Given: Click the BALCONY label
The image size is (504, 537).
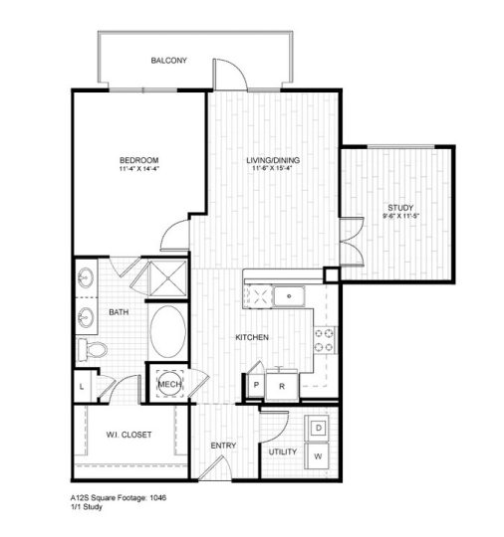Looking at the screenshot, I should [x=168, y=62].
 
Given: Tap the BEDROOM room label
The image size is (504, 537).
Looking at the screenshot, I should [x=138, y=159].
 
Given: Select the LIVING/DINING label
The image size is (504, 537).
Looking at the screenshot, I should [x=273, y=159].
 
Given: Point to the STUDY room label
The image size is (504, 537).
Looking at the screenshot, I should [x=400, y=207].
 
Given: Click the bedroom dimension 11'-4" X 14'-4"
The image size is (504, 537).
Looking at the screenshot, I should [x=138, y=169].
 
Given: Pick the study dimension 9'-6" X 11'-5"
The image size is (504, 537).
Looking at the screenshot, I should [x=400, y=217].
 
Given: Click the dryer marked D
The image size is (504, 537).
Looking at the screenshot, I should [x=319, y=428].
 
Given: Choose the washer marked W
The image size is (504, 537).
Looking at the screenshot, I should [x=319, y=456].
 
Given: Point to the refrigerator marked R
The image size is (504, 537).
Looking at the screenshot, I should [x=282, y=386].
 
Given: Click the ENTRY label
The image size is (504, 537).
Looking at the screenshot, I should [x=222, y=445].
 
